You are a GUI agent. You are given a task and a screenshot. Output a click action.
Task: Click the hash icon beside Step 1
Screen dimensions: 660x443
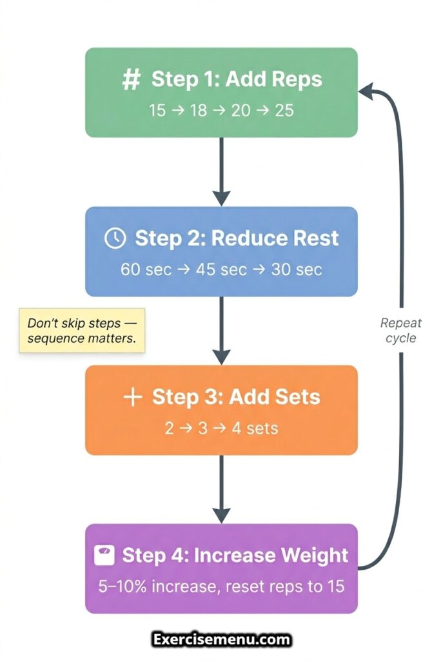click(x=131, y=81)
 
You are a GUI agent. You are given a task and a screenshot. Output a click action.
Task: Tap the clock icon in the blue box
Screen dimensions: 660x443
click(x=114, y=238)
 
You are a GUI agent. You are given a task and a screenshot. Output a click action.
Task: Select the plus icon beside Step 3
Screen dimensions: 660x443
click(x=132, y=397)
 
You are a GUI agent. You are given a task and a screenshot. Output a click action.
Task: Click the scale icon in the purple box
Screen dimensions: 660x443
click(x=104, y=556)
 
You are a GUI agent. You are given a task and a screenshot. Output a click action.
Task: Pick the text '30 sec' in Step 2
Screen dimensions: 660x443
click(x=297, y=269)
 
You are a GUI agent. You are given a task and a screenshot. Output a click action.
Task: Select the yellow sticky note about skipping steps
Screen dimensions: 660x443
click(x=82, y=330)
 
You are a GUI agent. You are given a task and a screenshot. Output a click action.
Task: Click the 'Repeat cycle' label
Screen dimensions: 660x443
click(x=401, y=330)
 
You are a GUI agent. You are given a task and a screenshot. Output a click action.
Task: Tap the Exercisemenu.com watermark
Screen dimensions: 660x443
click(x=222, y=640)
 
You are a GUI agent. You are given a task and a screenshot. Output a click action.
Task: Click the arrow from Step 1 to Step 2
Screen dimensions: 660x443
click(x=221, y=171)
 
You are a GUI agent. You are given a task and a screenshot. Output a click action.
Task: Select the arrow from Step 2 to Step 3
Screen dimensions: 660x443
click(x=221, y=330)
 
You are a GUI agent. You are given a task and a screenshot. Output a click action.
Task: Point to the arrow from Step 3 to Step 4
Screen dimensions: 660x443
click(x=221, y=489)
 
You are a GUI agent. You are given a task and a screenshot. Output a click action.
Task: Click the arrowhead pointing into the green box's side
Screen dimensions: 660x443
click(x=367, y=92)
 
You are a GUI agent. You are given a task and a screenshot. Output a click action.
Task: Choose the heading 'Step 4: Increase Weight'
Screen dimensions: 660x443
click(x=235, y=556)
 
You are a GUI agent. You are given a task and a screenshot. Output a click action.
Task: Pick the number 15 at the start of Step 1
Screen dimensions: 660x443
click(x=157, y=110)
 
